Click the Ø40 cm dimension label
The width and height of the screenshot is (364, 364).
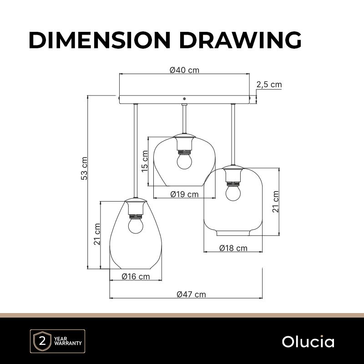tap(184, 70)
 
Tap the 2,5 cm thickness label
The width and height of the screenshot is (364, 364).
tap(269, 85)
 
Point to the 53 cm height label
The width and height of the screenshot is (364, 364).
tap(84, 168)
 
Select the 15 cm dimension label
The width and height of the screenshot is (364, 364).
tap(145, 161)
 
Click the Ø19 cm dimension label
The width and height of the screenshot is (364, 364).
tap(185, 194)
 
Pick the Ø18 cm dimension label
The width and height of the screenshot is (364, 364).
tap(233, 248)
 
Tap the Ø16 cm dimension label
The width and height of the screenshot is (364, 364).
tap(136, 277)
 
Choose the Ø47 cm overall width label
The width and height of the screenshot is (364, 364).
tap(191, 294)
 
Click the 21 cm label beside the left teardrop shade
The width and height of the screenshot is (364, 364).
tap(97, 234)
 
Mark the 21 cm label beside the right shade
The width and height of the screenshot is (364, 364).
tap(276, 202)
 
